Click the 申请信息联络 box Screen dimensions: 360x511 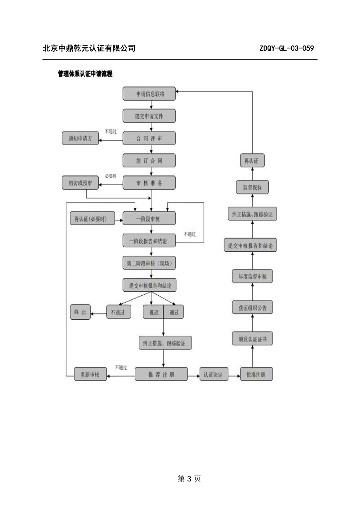click(x=149, y=94)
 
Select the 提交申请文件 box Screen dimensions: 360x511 click(x=149, y=116)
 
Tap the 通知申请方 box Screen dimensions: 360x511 click(x=80, y=138)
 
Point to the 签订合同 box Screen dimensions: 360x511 click(x=149, y=160)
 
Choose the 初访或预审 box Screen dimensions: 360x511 click(x=80, y=182)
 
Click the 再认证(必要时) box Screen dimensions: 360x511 click(x=92, y=218)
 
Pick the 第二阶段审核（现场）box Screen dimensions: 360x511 click(x=149, y=263)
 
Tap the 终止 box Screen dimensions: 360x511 click(x=80, y=312)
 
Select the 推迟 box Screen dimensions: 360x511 click(x=153, y=312)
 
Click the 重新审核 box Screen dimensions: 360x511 click(x=90, y=374)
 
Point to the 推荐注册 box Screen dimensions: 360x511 click(x=161, y=374)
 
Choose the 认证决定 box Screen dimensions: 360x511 click(x=214, y=374)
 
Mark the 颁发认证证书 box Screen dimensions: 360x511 click(x=252, y=339)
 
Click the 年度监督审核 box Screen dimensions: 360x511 click(x=252, y=276)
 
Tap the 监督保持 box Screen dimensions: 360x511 click(x=252, y=187)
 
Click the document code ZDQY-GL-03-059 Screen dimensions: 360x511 click(x=286, y=48)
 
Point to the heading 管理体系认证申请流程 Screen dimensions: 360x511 click(x=85, y=74)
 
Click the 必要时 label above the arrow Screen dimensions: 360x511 click(x=110, y=176)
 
